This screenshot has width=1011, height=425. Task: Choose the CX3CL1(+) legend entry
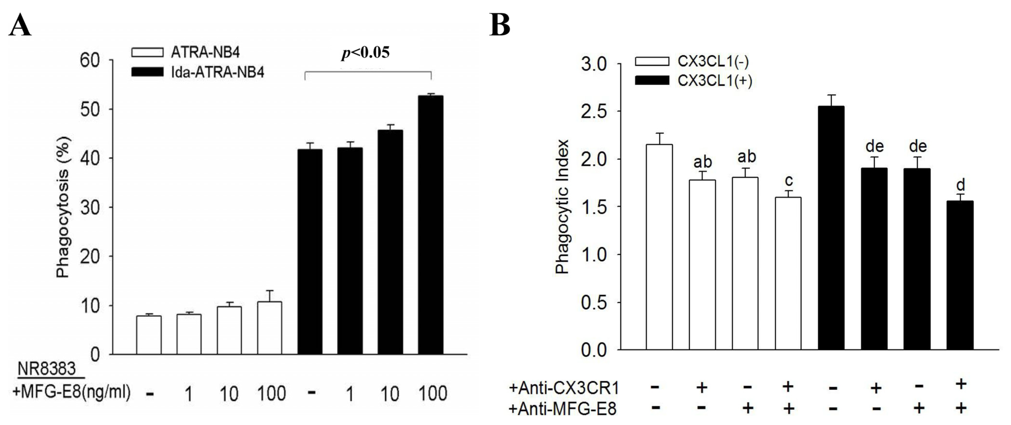click(693, 81)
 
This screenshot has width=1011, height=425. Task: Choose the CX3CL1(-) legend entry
click(693, 62)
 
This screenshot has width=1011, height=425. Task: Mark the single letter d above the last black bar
click(960, 185)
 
